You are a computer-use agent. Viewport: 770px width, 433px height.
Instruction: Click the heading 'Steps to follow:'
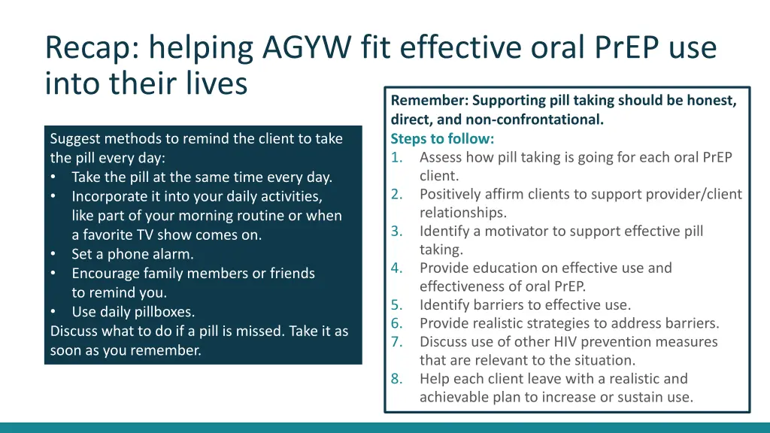tap(442, 139)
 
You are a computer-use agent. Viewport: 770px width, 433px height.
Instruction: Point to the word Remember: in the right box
tap(429, 101)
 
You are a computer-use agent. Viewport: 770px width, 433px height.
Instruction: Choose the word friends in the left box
tap(290, 274)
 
